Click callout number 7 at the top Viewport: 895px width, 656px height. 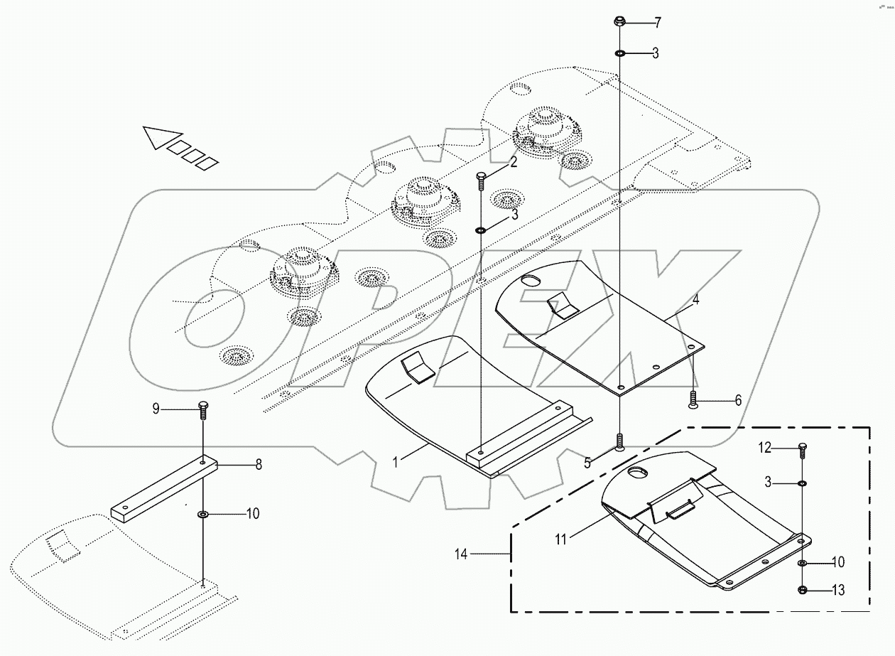pyautogui.click(x=657, y=23)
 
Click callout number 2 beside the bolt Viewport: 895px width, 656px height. pyautogui.click(x=512, y=161)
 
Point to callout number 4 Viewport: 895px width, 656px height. pyautogui.click(x=696, y=300)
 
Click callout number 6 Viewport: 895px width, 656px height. pyautogui.click(x=737, y=401)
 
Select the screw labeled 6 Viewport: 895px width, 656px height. pyautogui.click(x=693, y=401)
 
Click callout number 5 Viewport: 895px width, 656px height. pyautogui.click(x=587, y=463)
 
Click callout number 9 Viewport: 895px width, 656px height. pyautogui.click(x=156, y=409)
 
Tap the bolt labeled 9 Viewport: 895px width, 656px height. pyautogui.click(x=203, y=411)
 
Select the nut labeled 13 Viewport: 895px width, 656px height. pyautogui.click(x=802, y=589)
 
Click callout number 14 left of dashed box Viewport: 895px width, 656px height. pyautogui.click(x=462, y=554)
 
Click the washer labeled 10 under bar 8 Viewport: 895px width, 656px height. pyautogui.click(x=203, y=514)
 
